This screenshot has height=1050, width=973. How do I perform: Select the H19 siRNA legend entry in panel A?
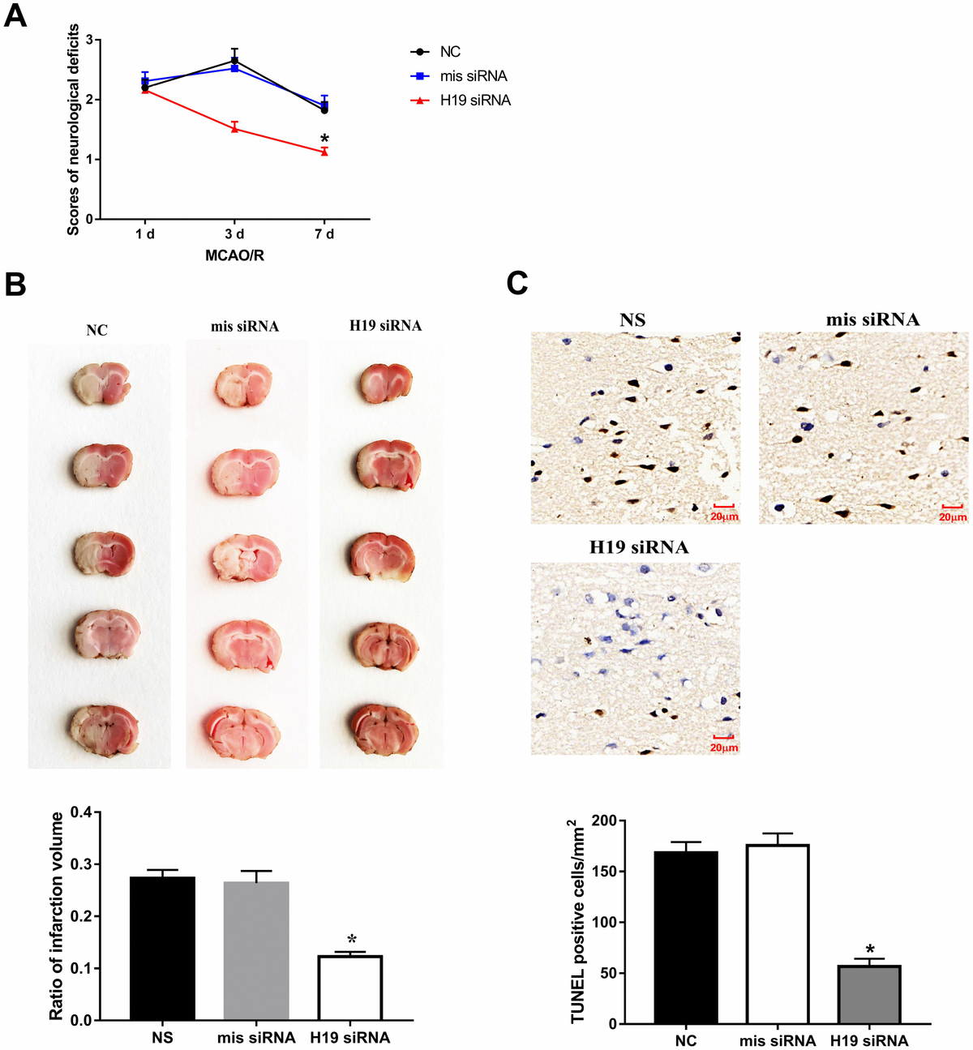coord(475,101)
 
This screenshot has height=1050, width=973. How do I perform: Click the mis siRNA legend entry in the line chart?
coord(474,76)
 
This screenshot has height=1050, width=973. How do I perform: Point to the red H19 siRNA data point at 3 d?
coord(234,128)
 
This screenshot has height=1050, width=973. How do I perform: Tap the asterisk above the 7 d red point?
coord(324,139)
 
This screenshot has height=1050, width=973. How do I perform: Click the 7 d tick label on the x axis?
coord(324,234)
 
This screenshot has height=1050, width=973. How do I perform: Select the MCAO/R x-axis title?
coord(234,255)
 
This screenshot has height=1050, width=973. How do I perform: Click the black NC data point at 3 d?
coord(234,60)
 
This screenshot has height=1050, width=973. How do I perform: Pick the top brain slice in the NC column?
coord(100,385)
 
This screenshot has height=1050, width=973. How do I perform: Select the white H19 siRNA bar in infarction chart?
coord(350,988)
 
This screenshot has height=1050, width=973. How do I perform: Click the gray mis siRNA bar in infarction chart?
coord(256,950)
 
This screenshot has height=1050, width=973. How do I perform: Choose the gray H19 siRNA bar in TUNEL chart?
coord(869,994)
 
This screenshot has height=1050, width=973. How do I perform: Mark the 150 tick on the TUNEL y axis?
coord(605,872)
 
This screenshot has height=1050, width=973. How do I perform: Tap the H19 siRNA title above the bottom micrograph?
coord(639,547)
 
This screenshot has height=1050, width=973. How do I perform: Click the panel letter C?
coord(517,283)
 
